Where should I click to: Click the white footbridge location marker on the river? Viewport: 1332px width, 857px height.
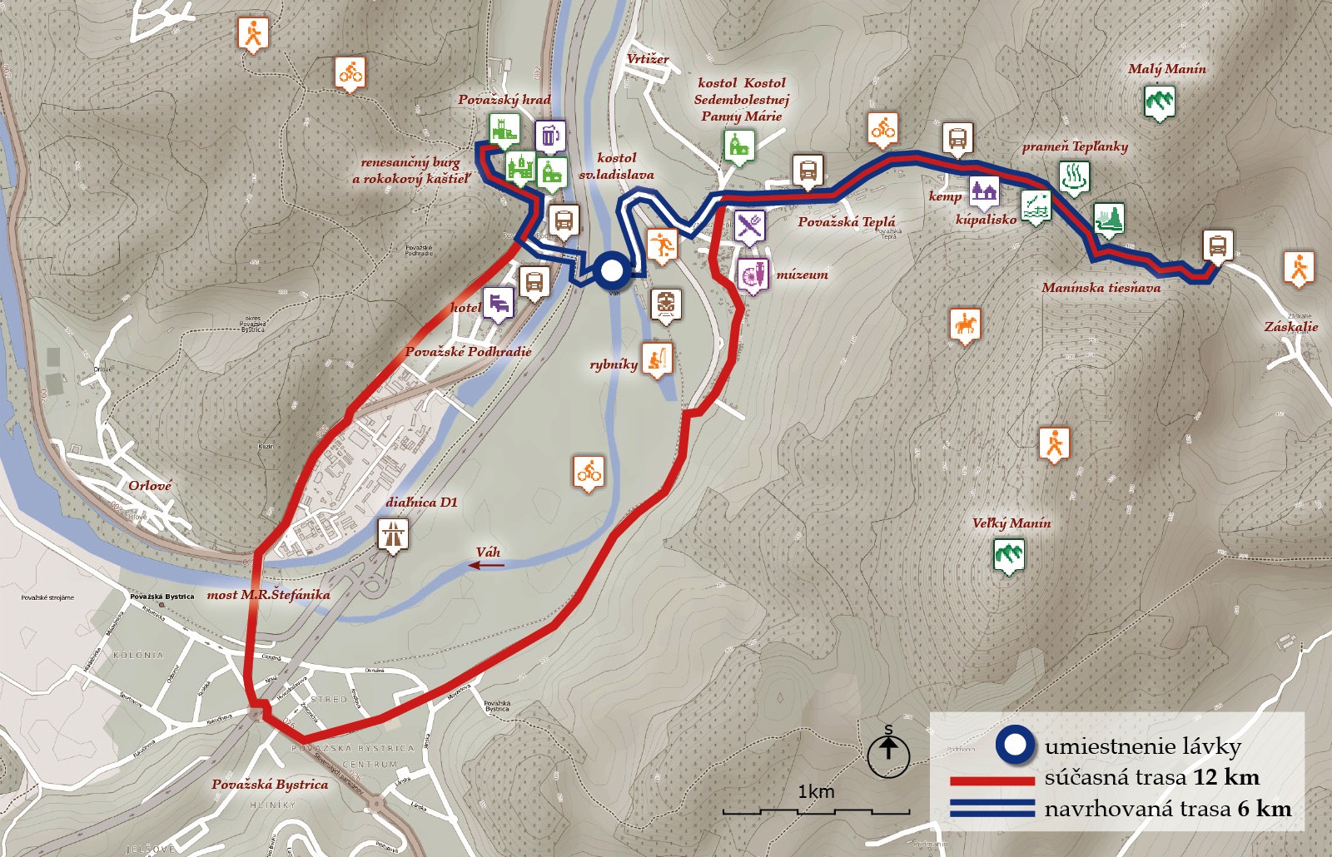tap(612, 271)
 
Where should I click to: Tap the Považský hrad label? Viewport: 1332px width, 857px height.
tap(504, 100)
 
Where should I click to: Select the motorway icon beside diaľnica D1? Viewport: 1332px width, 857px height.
tap(392, 534)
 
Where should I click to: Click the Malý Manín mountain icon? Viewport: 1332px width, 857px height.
tap(1159, 102)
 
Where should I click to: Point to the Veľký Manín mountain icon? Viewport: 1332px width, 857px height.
tap(1009, 554)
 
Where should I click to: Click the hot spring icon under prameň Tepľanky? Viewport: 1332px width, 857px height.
tap(1074, 177)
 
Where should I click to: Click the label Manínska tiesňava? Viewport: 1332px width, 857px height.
tap(1101, 288)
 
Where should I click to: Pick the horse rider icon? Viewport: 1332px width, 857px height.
tap(965, 324)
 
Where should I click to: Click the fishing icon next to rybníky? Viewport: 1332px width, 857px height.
tap(657, 359)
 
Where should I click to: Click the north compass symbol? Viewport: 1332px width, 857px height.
tap(888, 752)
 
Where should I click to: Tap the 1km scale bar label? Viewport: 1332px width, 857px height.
tap(815, 791)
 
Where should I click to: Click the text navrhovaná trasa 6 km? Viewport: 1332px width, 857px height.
tap(1167, 809)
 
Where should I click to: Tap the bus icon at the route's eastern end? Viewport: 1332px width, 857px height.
tap(1217, 246)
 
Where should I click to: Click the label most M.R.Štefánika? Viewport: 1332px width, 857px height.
tap(268, 595)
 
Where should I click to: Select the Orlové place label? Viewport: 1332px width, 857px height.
tap(150, 486)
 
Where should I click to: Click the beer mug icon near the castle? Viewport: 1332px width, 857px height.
tap(549, 135)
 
